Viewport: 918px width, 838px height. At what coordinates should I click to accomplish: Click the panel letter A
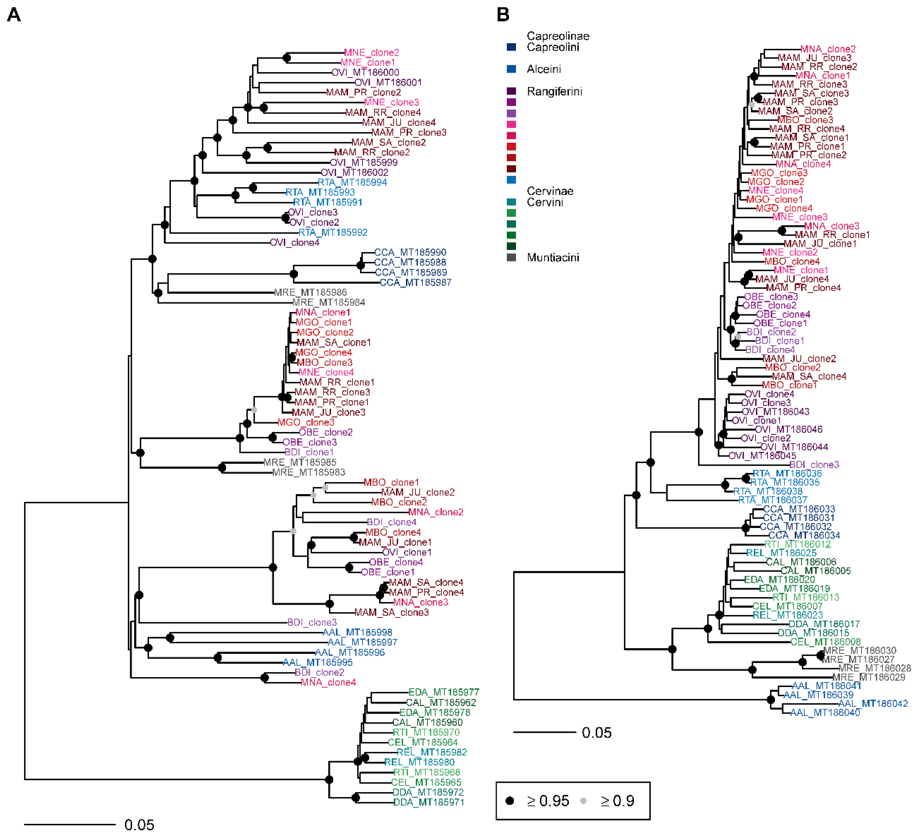(x=14, y=15)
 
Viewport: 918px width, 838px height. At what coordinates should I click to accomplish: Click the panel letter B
(x=503, y=15)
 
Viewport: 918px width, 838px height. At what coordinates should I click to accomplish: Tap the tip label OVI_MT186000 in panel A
(x=365, y=72)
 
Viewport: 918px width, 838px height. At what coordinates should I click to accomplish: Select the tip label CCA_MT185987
(x=415, y=283)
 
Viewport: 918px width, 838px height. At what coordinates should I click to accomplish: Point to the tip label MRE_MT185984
(x=328, y=303)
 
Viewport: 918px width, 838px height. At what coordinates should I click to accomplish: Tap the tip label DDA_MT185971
(x=428, y=802)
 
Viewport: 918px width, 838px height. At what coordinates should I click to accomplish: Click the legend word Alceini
(x=544, y=69)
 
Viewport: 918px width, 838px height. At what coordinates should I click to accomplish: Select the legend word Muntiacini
(x=553, y=258)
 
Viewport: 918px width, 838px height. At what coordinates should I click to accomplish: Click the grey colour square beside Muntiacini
(x=511, y=258)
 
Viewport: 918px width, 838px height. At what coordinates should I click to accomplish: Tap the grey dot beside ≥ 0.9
(x=583, y=801)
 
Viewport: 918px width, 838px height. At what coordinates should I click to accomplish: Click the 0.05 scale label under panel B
(x=596, y=733)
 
